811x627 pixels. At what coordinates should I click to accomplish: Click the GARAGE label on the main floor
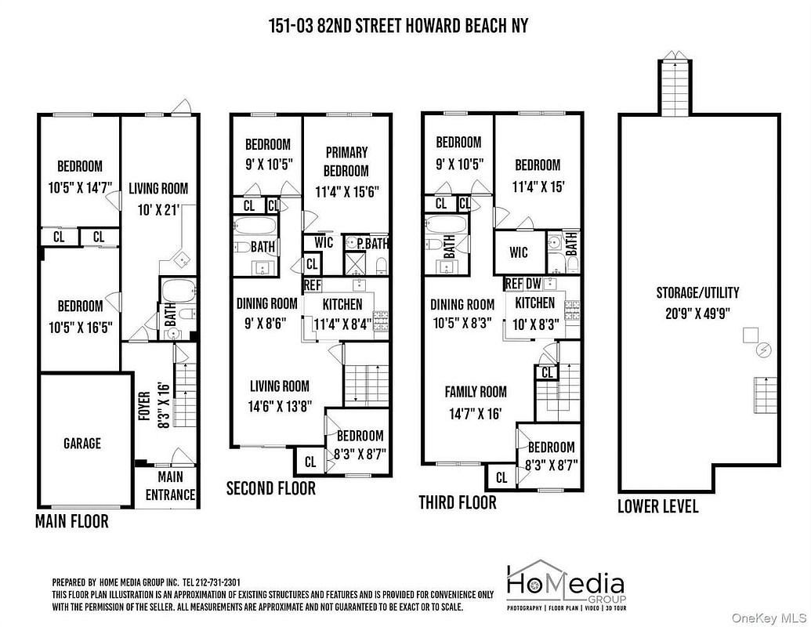[x=82, y=444]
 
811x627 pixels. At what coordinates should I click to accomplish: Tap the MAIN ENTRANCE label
[x=170, y=486]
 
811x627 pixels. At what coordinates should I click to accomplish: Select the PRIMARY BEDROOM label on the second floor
[x=346, y=161]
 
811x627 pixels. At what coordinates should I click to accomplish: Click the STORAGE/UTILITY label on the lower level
[x=697, y=293]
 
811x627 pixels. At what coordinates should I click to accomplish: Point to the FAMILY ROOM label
[x=476, y=392]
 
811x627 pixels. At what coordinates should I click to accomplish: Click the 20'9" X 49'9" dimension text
[x=697, y=313]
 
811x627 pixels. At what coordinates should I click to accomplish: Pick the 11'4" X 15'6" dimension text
[x=347, y=192]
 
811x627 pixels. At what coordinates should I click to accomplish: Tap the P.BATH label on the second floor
[x=372, y=243]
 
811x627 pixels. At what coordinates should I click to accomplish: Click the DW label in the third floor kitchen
[x=534, y=284]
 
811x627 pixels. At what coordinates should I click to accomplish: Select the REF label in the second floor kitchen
[x=313, y=285]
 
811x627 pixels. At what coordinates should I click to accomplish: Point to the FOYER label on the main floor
[x=145, y=405]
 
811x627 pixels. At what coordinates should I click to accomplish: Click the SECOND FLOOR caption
[x=271, y=487]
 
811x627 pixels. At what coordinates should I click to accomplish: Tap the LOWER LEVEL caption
[x=658, y=506]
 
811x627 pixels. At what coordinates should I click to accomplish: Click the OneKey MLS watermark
[x=769, y=618]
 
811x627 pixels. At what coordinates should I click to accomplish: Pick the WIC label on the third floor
[x=518, y=252]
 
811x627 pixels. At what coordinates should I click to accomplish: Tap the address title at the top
[x=399, y=26]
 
